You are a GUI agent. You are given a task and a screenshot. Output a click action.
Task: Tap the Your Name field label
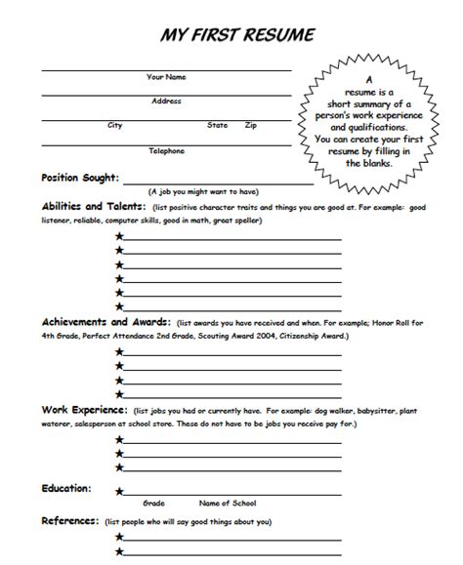point(167,76)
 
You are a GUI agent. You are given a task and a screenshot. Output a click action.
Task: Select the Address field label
point(166,101)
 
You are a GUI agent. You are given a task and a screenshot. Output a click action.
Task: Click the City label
point(115,125)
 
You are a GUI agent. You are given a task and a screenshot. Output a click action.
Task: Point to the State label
point(217,125)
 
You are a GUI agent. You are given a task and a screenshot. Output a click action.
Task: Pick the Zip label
point(251,125)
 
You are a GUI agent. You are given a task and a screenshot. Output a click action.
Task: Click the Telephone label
point(166,150)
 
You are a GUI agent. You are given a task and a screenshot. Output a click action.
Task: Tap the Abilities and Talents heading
point(94,207)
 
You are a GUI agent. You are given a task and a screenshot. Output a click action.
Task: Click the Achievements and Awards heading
point(105,321)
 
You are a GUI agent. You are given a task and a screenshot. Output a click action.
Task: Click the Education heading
point(66,487)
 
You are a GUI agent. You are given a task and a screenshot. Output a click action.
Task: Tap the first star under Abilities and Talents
point(119,237)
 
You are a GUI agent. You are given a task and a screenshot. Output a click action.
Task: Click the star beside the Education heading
point(119,493)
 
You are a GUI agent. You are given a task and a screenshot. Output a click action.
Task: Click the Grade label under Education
point(153,504)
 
